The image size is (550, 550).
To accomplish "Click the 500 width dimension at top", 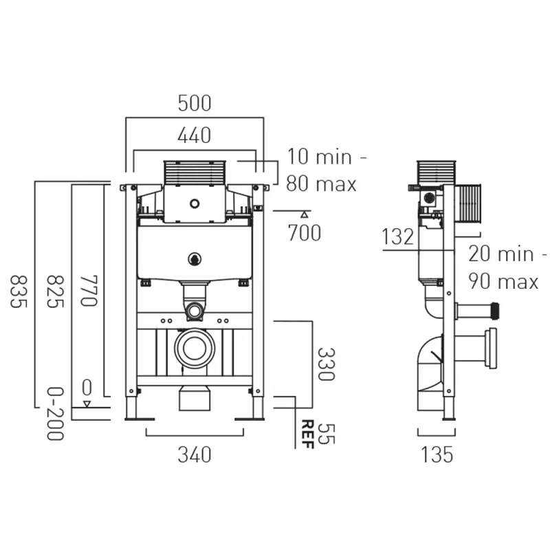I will coord(194,104).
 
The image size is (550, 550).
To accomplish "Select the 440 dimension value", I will coord(194,136).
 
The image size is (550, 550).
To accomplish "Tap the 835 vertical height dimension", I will coord(19,291).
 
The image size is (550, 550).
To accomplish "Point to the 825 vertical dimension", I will coord(55,291).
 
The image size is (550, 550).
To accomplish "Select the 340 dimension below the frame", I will coord(194,454).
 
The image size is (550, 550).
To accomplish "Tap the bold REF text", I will coord(307,434).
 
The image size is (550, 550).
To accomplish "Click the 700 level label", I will coord(304,233).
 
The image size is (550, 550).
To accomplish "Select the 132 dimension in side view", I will coord(399,237).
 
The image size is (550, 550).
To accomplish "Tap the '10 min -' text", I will coord(327,157).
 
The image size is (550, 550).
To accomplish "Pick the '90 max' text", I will coord(503,281).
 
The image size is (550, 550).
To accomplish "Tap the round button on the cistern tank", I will coord(195,260).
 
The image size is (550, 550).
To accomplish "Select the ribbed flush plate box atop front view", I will coord(195,173).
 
